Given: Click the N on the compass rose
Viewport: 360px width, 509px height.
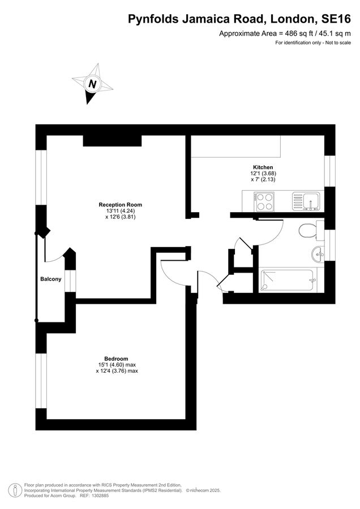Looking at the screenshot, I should click(92, 84).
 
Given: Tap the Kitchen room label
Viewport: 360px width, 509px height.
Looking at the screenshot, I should click(263, 167).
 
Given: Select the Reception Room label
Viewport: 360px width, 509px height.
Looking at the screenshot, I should click(120, 205).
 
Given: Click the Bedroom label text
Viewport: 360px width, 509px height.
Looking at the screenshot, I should click(117, 359).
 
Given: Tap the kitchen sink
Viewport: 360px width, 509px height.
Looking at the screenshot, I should click(305, 201).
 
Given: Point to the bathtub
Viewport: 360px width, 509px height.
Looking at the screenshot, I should click(287, 279).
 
